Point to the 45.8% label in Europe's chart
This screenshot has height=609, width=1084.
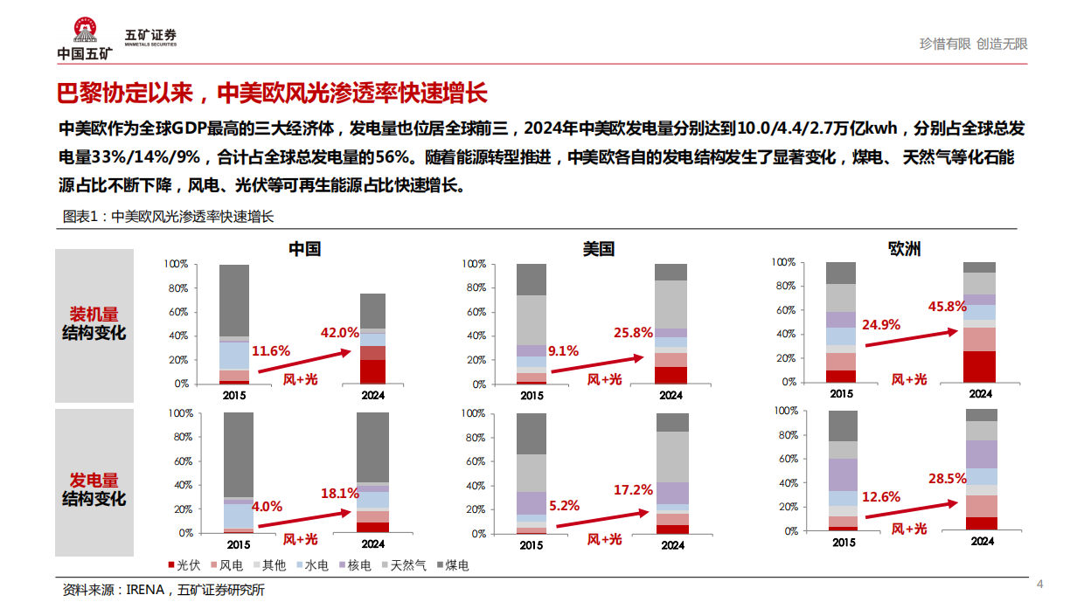coord(948,306)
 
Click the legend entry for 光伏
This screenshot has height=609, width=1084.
coord(182,565)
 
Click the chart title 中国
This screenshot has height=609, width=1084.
coord(304,248)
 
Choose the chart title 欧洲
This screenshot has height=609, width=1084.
coord(904,248)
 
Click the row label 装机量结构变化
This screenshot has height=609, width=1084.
coord(94,324)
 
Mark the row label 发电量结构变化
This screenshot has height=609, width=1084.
coord(94,489)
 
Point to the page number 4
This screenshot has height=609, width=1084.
coord(1039,584)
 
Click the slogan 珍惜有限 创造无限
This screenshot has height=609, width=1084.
coord(973,44)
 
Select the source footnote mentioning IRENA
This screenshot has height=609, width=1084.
coord(163,590)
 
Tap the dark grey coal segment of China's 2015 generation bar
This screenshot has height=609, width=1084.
coord(239,454)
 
